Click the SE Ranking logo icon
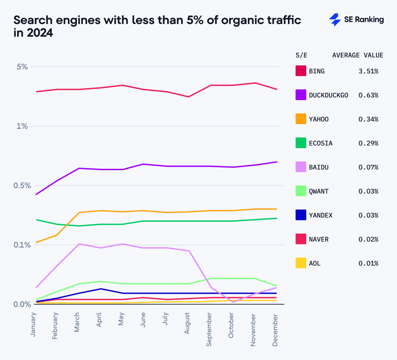(x=335, y=20)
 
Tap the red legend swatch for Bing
(x=301, y=71)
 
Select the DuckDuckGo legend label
(x=328, y=95)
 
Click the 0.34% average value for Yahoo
(x=368, y=119)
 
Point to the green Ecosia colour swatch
(x=301, y=143)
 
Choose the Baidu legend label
(x=318, y=167)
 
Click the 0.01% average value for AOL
(x=368, y=263)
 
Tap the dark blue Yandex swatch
(x=301, y=215)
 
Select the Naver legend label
(x=318, y=239)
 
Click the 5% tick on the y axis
(x=22, y=67)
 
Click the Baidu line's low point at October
(x=232, y=302)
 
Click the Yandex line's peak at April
(x=100, y=289)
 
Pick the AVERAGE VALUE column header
(x=357, y=55)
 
